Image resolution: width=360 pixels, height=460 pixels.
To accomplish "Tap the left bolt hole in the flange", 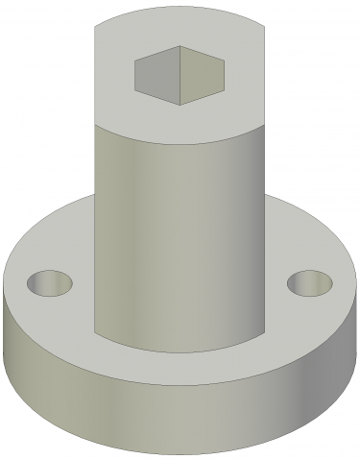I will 50,283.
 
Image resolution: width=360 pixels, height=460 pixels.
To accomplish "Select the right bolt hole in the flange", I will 309,283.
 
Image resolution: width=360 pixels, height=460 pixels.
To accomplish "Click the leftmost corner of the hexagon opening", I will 134,69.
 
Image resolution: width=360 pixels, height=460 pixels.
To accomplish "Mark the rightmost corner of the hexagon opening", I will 225,68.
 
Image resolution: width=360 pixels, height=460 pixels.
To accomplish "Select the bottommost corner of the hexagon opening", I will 180,103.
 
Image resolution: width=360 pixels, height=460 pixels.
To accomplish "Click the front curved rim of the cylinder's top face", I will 180,144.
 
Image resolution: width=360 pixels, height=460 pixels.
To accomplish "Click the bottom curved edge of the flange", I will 180,452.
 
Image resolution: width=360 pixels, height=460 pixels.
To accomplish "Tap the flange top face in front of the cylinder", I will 180,370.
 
